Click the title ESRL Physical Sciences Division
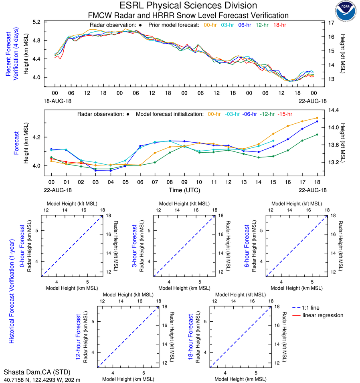point(188,6)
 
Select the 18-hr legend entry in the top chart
point(279,25)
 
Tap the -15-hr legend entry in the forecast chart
point(285,114)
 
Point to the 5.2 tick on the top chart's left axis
point(47,22)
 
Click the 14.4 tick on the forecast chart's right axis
point(333,110)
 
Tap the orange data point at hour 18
point(317,118)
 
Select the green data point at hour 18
point(317,135)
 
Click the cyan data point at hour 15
point(273,141)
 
